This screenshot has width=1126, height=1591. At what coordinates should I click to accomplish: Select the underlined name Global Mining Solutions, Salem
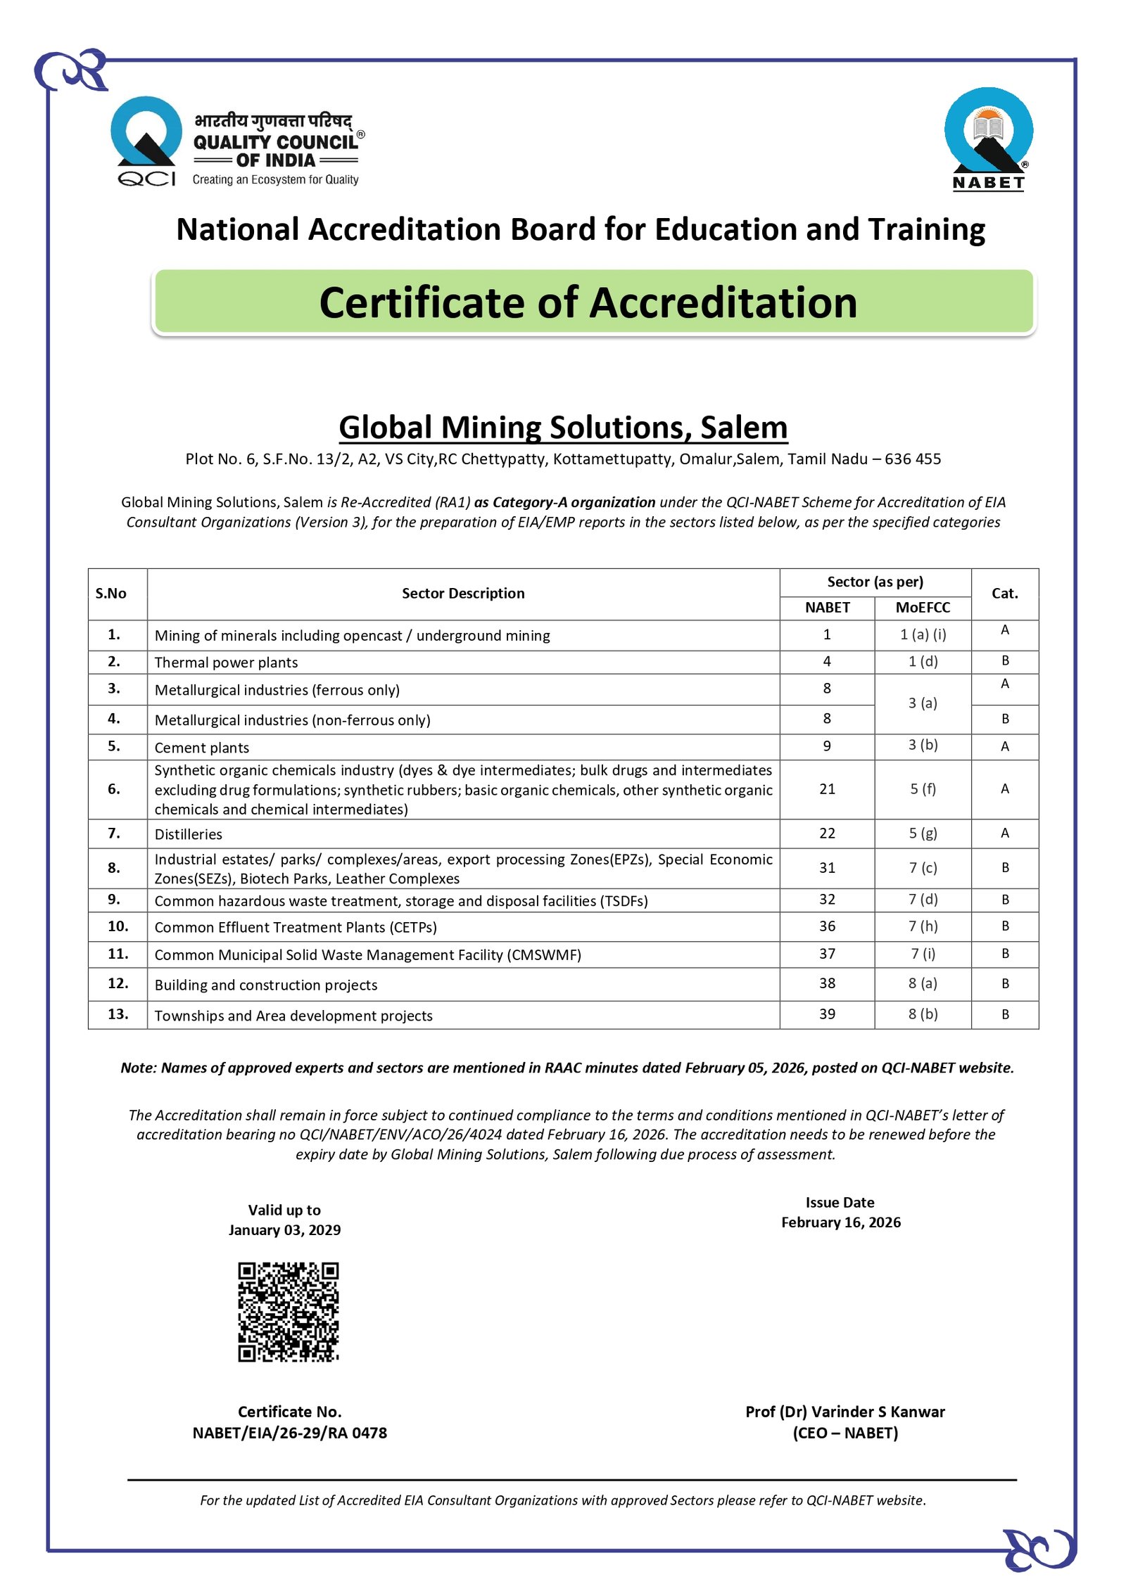click(563, 428)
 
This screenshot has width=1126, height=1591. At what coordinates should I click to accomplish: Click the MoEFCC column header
click(922, 608)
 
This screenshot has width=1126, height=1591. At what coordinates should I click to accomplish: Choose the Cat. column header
click(1004, 594)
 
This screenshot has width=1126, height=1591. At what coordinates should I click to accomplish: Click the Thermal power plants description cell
click(226, 663)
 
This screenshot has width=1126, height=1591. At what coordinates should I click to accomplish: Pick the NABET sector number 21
click(827, 789)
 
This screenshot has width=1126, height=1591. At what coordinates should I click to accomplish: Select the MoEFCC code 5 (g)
click(923, 833)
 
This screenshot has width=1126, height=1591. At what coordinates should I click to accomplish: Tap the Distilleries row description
click(189, 834)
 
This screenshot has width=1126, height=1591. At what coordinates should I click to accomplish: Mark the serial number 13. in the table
click(118, 1014)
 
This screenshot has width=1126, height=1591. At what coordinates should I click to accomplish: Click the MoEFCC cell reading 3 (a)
click(922, 703)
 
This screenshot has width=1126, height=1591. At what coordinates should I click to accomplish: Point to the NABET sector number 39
click(827, 1014)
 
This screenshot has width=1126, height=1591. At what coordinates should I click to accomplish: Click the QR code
click(288, 1312)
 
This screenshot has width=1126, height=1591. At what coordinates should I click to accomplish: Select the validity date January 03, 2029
click(284, 1230)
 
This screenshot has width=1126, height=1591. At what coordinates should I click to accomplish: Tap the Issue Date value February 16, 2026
click(840, 1222)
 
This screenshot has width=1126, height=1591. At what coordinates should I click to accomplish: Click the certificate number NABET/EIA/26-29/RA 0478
click(289, 1433)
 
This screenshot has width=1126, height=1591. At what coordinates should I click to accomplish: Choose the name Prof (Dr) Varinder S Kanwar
click(844, 1412)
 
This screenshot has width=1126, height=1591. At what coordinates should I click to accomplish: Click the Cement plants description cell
click(202, 748)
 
